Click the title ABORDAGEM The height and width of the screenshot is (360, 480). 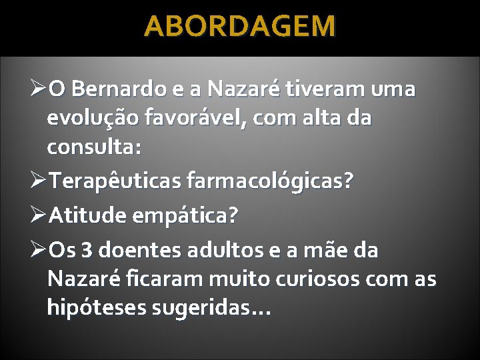point(240,27)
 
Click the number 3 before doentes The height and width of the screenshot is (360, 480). point(87,251)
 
